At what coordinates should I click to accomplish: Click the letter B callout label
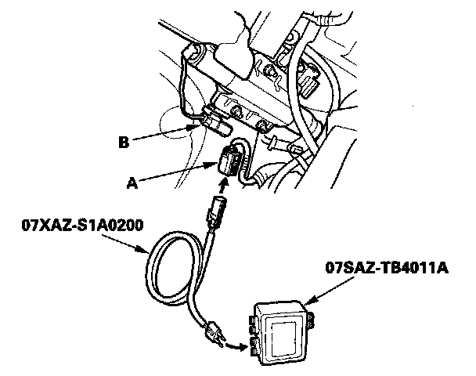coord(123,143)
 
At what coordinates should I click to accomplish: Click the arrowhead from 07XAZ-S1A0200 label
coord(150,251)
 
